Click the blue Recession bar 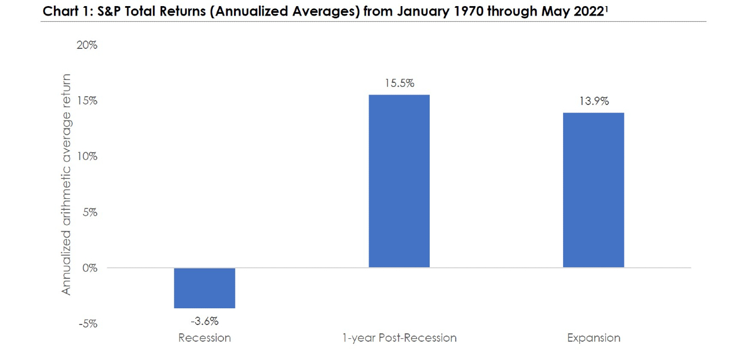pos(205,288)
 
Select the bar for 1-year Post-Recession pos(399,181)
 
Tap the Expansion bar pos(594,190)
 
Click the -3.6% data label pos(205,321)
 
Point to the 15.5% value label pos(399,83)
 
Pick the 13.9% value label pos(594,101)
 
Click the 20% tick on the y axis pos(87,45)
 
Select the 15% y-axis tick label pos(87,101)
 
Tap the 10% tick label pos(87,156)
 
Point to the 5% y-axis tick pos(90,212)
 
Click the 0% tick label pos(90,268)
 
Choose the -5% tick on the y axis pos(88,323)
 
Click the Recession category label pos(205,338)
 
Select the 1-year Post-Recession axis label pos(399,338)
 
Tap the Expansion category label pos(594,338)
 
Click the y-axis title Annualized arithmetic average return pos(66,184)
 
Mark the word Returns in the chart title pos(182,11)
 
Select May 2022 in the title pos(573,12)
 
